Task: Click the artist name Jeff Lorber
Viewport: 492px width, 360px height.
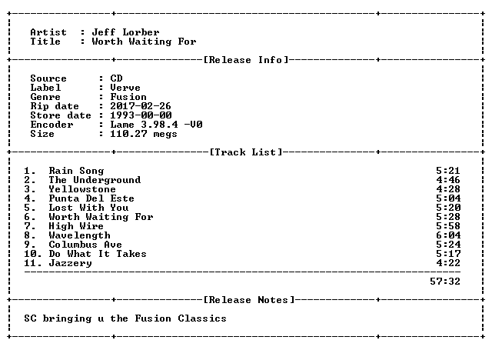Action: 125,32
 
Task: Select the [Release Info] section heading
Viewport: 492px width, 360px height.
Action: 246,60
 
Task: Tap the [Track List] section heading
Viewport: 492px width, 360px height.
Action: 246,152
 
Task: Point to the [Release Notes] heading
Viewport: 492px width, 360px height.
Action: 249,300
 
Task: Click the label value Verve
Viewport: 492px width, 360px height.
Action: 125,88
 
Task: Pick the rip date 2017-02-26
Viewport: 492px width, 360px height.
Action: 141,106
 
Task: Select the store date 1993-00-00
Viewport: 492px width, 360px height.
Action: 141,115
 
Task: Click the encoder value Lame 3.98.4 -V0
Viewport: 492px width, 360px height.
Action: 156,125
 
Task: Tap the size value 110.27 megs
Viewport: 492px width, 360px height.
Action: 144,134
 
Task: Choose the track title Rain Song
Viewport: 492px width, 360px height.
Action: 76,171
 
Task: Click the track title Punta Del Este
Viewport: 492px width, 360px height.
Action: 91,198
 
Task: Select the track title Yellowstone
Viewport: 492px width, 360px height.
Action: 82,189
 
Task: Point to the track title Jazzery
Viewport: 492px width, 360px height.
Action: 70,263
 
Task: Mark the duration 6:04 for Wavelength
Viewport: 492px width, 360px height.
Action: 448,235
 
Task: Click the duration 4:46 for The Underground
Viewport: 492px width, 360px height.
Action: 448,180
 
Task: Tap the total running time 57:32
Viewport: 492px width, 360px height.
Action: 445,282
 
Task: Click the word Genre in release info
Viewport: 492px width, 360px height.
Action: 45,97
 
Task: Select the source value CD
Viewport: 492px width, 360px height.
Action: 116,78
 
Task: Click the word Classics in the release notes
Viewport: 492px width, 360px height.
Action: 202,318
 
